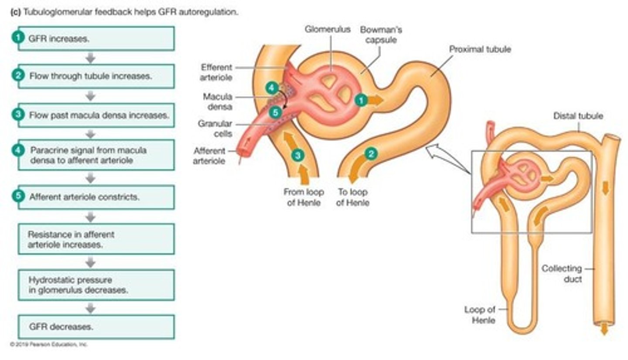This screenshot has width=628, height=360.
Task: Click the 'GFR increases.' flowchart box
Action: click(96, 38)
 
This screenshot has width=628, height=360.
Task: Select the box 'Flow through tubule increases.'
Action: click(96, 76)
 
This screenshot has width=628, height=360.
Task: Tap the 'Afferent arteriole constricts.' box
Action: click(96, 197)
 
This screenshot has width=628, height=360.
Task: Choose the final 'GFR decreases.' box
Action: click(96, 327)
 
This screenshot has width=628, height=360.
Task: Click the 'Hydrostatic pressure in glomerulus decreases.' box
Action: click(96, 285)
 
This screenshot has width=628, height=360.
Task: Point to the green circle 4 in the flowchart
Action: click(17, 150)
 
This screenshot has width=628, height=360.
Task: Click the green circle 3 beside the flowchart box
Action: click(17, 115)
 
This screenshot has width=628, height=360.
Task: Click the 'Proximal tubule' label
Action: click(480, 50)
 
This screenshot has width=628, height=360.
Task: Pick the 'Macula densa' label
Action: click(218, 101)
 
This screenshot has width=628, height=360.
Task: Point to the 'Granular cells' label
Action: click(215, 129)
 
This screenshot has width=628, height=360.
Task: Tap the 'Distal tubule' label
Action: click(578, 116)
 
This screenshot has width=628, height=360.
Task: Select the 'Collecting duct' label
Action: click(561, 274)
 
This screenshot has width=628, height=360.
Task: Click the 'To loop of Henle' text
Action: click(352, 197)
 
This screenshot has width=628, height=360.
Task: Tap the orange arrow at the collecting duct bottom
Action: click(604, 330)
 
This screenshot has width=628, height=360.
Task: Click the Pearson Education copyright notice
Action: click(49, 344)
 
